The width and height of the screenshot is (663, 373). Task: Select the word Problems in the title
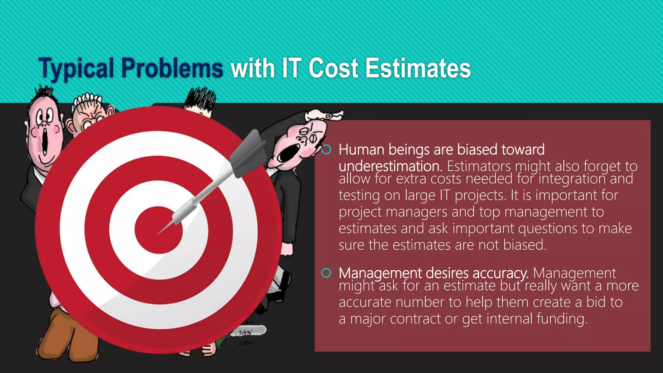172,68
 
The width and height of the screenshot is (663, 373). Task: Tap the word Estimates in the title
418,68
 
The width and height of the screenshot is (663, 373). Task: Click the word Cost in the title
333,68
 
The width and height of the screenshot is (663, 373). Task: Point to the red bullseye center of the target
159,230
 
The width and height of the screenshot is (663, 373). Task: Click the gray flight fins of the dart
249,152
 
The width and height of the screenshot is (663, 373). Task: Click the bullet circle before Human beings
326,150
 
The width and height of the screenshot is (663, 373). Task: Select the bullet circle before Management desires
326,273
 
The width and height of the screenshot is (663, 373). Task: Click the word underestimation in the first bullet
390,166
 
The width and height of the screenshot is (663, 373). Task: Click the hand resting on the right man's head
324,115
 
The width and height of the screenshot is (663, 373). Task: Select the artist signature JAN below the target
245,333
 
